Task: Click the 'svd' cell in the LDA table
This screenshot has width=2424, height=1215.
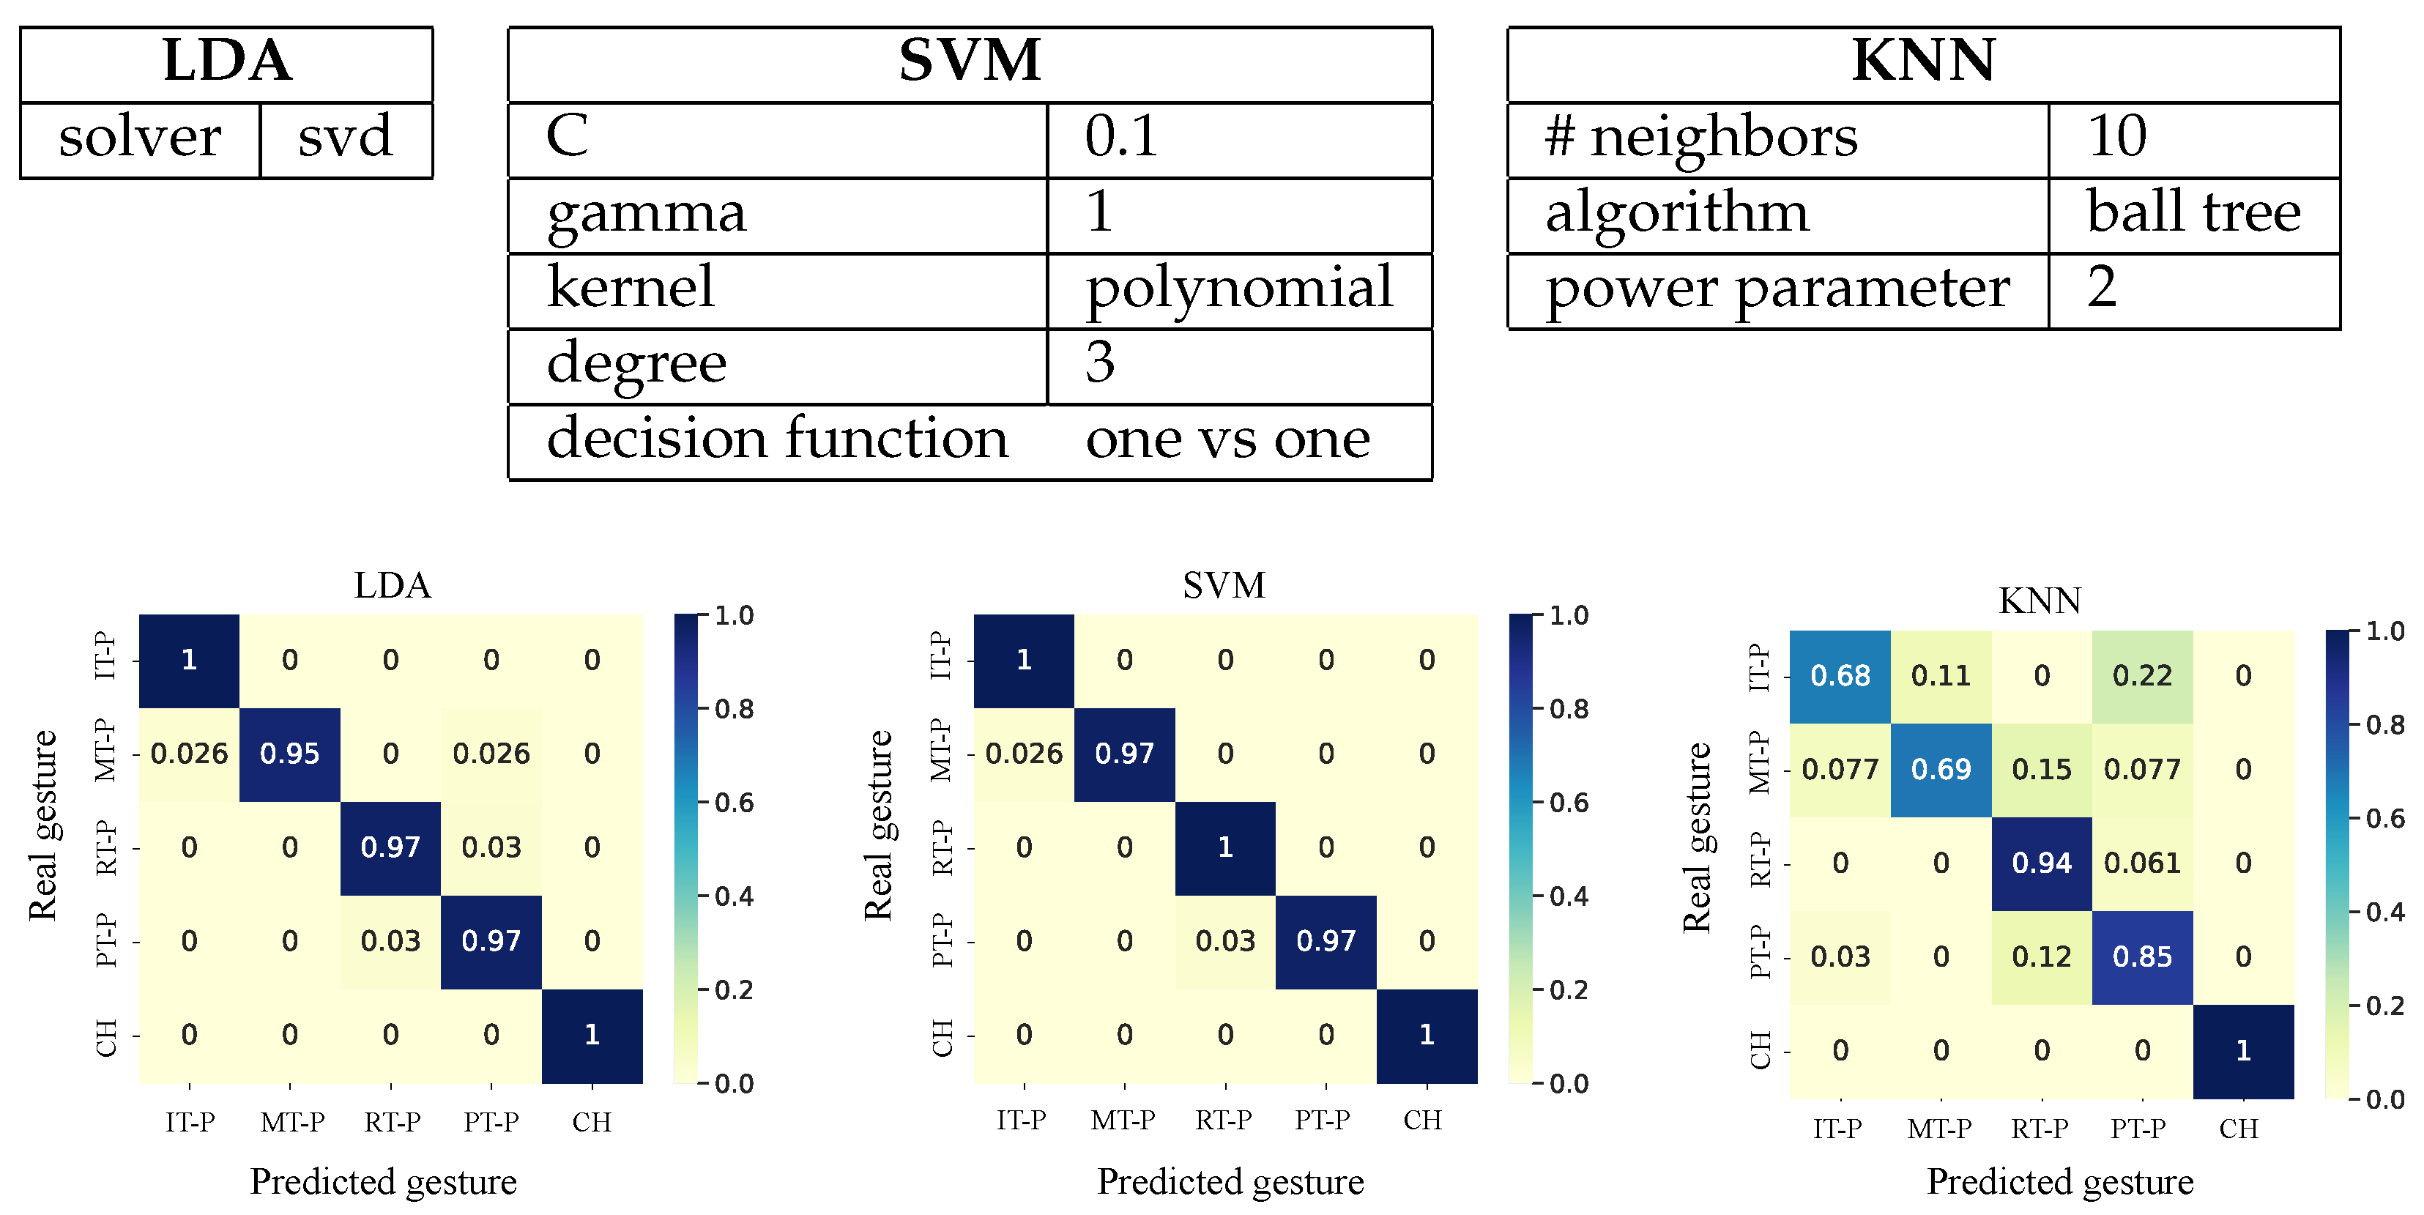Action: click(x=346, y=138)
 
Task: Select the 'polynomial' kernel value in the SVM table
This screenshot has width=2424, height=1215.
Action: click(x=1238, y=288)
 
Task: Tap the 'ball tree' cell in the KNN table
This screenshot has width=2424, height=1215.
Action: click(x=2193, y=212)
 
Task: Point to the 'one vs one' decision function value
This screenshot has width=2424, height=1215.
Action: click(x=1227, y=439)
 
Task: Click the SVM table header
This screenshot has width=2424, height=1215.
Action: click(x=969, y=62)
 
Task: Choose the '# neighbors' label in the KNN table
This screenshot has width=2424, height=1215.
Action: click(x=1701, y=138)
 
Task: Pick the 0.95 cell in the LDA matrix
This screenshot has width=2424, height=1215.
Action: click(x=290, y=754)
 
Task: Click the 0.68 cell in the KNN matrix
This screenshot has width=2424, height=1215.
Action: click(x=1840, y=676)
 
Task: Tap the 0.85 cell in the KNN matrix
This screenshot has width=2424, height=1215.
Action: click(x=2142, y=957)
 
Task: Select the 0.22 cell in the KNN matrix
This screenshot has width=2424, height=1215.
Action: click(x=2142, y=676)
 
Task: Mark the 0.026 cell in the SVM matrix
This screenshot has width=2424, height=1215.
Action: click(x=1024, y=754)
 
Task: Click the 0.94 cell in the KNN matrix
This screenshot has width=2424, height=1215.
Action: click(x=2041, y=863)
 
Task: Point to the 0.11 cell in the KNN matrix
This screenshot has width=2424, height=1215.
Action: click(x=1941, y=676)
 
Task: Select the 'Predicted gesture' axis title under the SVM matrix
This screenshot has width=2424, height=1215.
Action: click(x=1230, y=1181)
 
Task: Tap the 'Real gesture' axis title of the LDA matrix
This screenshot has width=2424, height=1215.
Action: click(x=43, y=825)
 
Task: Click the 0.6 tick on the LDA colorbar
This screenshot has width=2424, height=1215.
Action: click(x=734, y=803)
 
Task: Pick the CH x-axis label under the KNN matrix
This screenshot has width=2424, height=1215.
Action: click(x=2238, y=1129)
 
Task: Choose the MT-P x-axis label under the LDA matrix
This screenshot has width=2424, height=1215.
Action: click(x=293, y=1123)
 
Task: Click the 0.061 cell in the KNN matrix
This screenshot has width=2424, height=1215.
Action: click(x=2142, y=863)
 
